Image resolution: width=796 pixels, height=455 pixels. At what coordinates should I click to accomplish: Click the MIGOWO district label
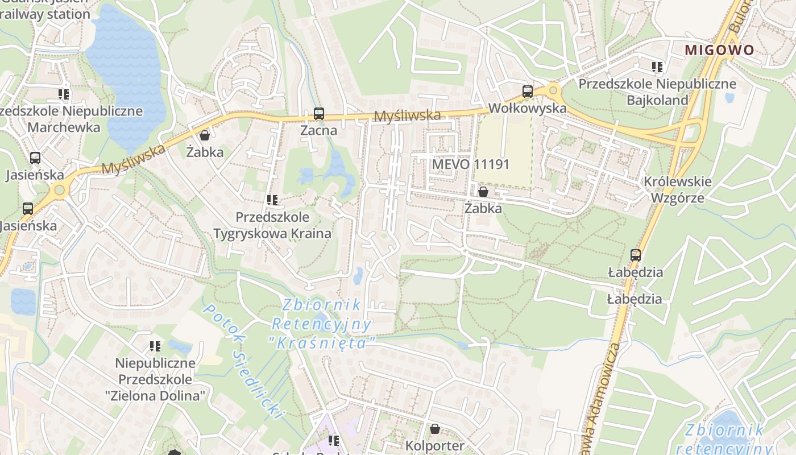(x=719, y=50)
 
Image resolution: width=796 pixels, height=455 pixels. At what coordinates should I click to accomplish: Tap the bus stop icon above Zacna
(x=318, y=114)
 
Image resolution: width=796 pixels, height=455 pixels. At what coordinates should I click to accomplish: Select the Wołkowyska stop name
(x=527, y=108)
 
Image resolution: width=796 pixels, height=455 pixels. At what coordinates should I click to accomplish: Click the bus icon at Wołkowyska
(x=528, y=91)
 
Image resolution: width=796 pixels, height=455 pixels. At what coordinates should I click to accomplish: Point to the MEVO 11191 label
(x=470, y=164)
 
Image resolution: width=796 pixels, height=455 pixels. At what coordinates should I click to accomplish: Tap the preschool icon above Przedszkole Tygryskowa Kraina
(x=272, y=200)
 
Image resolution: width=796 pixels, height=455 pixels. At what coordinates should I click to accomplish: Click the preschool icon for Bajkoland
(x=657, y=67)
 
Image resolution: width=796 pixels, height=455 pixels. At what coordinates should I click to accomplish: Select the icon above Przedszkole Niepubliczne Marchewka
(x=63, y=94)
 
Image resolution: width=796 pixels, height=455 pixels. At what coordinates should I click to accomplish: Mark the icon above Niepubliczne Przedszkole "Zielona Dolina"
(x=155, y=346)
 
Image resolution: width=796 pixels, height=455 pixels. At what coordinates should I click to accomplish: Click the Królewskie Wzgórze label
(x=677, y=189)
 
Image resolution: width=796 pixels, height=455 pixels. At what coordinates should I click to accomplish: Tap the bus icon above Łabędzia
(x=635, y=255)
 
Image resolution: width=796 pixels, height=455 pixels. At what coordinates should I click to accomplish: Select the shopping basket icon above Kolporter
(x=435, y=429)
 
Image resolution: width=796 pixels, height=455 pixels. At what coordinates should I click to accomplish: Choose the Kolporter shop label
(x=435, y=445)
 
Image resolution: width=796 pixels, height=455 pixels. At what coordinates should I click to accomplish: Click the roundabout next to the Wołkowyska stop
(x=552, y=90)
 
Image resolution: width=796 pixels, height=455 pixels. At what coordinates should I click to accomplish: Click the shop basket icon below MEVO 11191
(x=483, y=192)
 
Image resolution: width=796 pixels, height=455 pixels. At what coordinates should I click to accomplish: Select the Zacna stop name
(x=318, y=130)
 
